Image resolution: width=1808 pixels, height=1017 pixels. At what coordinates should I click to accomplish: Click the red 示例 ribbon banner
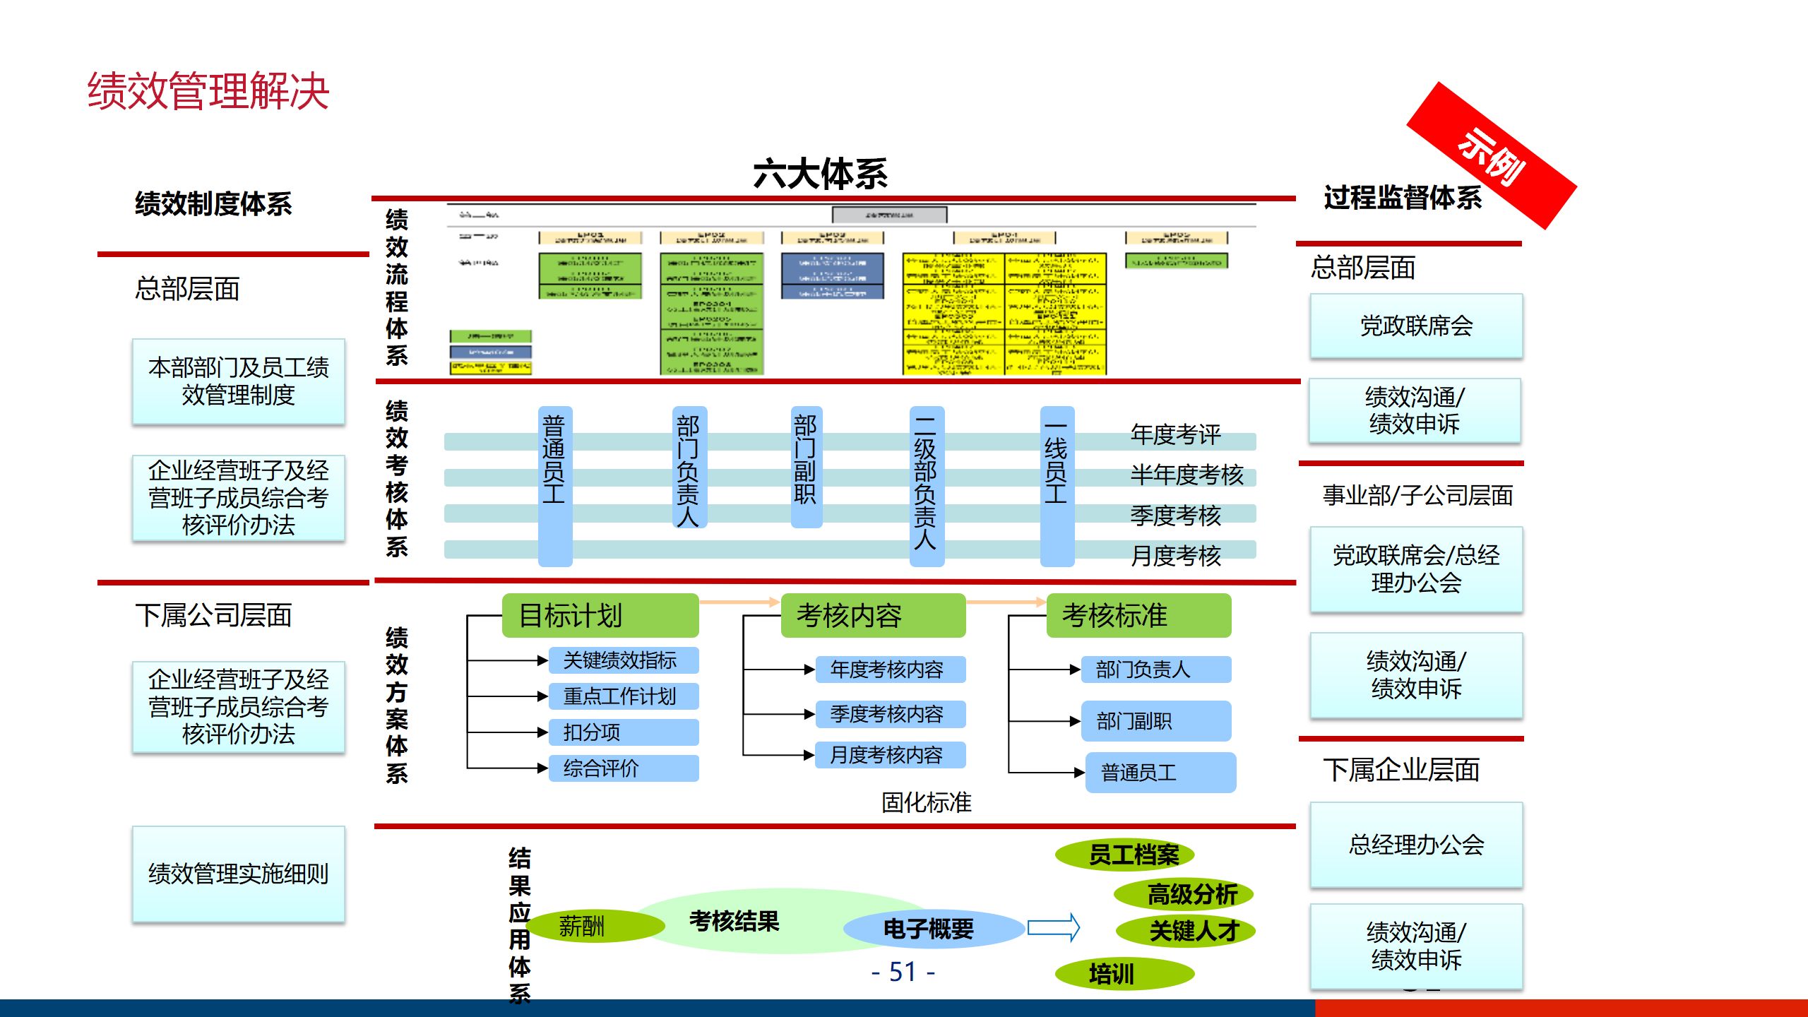1491,155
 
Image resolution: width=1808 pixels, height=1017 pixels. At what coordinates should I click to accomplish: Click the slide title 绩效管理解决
208,92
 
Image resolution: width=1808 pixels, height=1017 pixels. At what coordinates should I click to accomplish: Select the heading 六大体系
820,174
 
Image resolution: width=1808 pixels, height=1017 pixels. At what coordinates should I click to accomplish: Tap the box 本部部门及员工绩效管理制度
239,381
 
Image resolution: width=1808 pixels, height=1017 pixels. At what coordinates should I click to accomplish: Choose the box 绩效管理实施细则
239,874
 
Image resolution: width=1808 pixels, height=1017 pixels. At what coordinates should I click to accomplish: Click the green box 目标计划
600,615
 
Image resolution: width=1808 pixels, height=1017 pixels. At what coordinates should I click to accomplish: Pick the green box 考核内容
872,615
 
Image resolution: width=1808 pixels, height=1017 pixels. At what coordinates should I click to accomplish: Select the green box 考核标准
1138,615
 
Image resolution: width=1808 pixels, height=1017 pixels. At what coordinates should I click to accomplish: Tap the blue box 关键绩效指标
623,660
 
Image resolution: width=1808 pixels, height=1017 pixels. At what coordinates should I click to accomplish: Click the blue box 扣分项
623,732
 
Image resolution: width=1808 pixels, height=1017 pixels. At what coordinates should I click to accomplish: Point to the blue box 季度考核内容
889,714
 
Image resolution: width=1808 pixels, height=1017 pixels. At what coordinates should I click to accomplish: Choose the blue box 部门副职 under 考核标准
1155,721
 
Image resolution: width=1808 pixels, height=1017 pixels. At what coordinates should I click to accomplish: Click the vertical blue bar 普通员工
554,486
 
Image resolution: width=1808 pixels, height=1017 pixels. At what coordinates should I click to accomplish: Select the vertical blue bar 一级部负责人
926,486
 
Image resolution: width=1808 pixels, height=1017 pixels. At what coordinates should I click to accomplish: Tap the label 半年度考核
1186,475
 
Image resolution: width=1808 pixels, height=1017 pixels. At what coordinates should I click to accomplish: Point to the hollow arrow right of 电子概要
1053,928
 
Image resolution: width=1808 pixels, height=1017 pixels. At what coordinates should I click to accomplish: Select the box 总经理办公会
1416,845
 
